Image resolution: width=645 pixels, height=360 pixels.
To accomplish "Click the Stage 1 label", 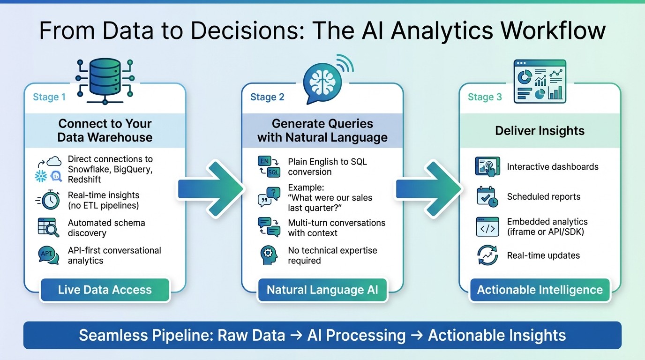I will point(49,97).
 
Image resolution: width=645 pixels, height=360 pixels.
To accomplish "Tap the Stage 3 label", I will point(485,97).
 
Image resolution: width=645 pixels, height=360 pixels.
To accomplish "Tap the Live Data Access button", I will point(105,290).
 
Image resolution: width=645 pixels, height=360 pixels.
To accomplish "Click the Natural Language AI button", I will point(322,290).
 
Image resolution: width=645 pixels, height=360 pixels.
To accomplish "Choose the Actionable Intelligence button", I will point(540,290).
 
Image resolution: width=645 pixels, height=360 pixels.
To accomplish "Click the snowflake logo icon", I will point(41,176).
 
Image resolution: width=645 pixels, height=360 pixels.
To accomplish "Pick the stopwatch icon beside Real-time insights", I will point(49,200).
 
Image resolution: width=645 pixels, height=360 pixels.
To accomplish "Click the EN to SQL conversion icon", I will point(269,167).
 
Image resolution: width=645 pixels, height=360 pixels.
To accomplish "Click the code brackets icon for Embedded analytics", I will point(487,227).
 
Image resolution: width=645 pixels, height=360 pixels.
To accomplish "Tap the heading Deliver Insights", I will point(540,131).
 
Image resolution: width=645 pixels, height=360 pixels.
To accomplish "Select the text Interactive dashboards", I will point(553,167).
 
